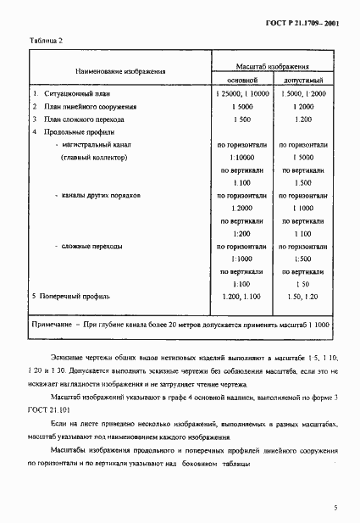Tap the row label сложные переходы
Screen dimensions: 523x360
click(91, 246)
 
